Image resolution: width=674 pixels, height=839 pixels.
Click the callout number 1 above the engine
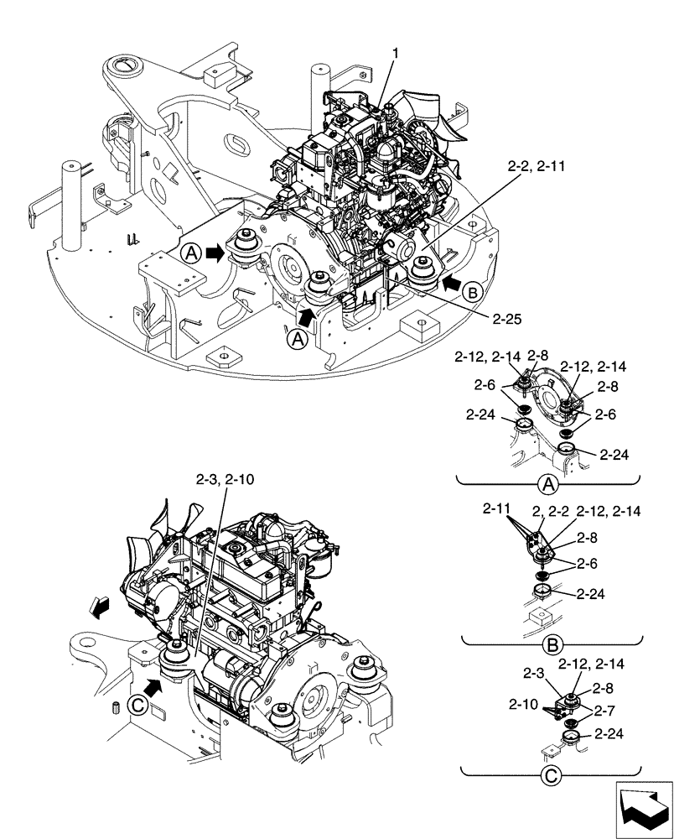395,53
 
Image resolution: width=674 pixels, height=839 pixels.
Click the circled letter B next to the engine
472,293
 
